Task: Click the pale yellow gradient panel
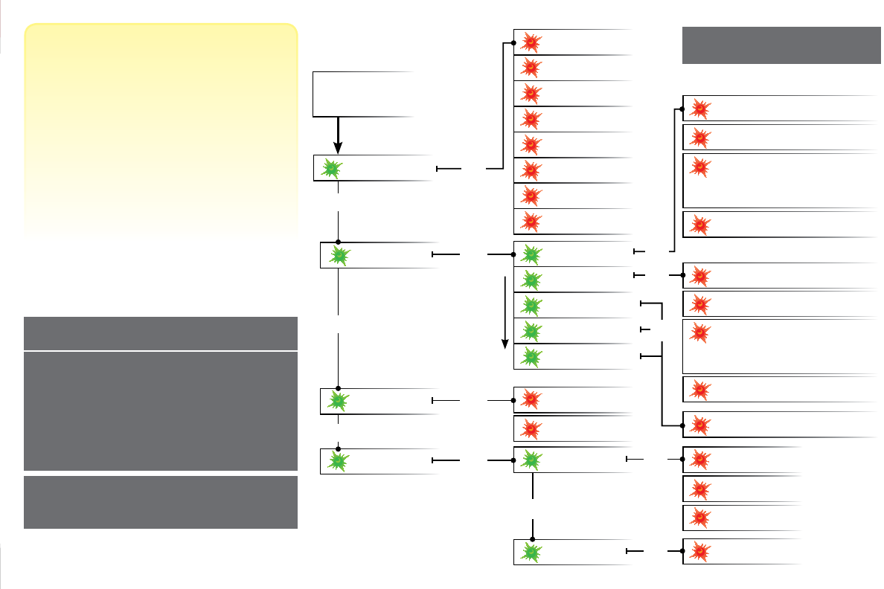[x=161, y=130]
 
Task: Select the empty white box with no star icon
[x=363, y=94]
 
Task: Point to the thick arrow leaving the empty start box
[x=337, y=135]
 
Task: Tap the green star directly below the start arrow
[x=332, y=169]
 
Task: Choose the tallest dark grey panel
[x=161, y=411]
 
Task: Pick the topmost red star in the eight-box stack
[x=530, y=42]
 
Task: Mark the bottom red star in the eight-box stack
[x=530, y=221]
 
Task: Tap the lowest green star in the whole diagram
[x=530, y=552]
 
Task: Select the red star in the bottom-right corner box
[x=699, y=551]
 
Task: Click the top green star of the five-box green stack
[x=530, y=254]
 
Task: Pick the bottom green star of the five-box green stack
[x=530, y=357]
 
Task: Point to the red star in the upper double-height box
[x=699, y=167]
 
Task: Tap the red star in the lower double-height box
[x=699, y=332]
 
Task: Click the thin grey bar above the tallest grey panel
[x=161, y=333]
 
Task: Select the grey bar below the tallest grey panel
[x=161, y=502]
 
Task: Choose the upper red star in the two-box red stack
[x=530, y=399]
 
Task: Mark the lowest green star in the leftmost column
[x=338, y=461]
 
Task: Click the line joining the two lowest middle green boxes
[x=534, y=506]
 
